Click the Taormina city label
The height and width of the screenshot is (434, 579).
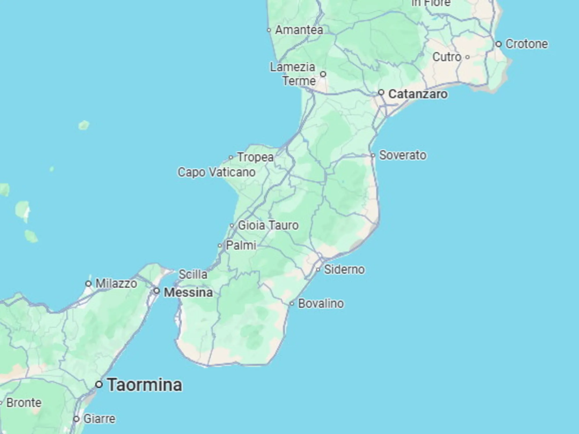(x=145, y=385)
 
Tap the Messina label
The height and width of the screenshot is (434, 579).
(x=188, y=292)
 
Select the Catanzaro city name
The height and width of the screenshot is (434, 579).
(x=418, y=94)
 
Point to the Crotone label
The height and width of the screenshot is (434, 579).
(x=527, y=44)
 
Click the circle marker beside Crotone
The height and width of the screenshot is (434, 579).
(x=498, y=44)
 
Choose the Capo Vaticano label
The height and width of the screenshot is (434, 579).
(x=216, y=172)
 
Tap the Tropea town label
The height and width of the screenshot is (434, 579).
(x=255, y=157)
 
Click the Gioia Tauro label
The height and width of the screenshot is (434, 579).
(x=268, y=225)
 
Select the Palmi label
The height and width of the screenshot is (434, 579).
(x=241, y=246)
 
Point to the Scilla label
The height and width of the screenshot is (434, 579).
(x=193, y=274)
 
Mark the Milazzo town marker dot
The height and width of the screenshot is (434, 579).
(x=89, y=284)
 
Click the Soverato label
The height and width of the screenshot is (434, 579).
(x=403, y=155)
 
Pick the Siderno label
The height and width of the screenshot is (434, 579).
(x=344, y=270)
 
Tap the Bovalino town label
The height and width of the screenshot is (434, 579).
(x=321, y=304)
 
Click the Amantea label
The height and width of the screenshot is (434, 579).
(x=299, y=30)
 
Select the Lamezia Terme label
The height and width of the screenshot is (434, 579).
(x=293, y=74)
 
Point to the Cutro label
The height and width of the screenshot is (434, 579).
(x=447, y=57)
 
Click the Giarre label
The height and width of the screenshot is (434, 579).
(x=99, y=419)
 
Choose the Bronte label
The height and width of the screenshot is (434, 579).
(x=24, y=403)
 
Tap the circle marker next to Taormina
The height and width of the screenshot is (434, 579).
(x=99, y=385)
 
